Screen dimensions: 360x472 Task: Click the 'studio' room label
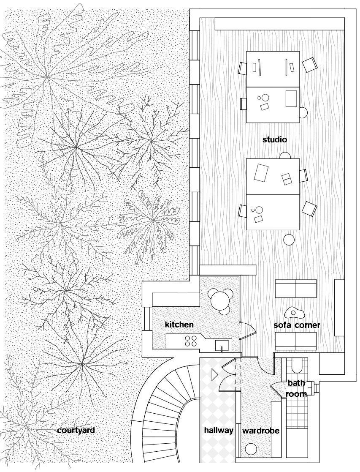(x=275, y=140)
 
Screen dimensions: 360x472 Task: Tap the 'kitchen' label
(x=179, y=325)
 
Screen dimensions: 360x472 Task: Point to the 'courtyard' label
(x=76, y=431)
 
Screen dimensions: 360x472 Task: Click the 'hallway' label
(x=219, y=431)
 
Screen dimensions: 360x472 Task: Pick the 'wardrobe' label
(x=261, y=431)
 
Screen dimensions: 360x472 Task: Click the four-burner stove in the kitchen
(x=191, y=341)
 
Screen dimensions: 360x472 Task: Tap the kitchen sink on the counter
(x=222, y=345)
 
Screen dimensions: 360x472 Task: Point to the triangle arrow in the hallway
(x=214, y=374)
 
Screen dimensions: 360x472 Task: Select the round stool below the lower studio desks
(x=290, y=240)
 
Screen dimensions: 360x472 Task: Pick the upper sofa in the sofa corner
(x=296, y=288)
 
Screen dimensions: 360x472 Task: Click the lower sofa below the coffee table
(x=296, y=341)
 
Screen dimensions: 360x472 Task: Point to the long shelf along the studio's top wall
(x=280, y=24)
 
